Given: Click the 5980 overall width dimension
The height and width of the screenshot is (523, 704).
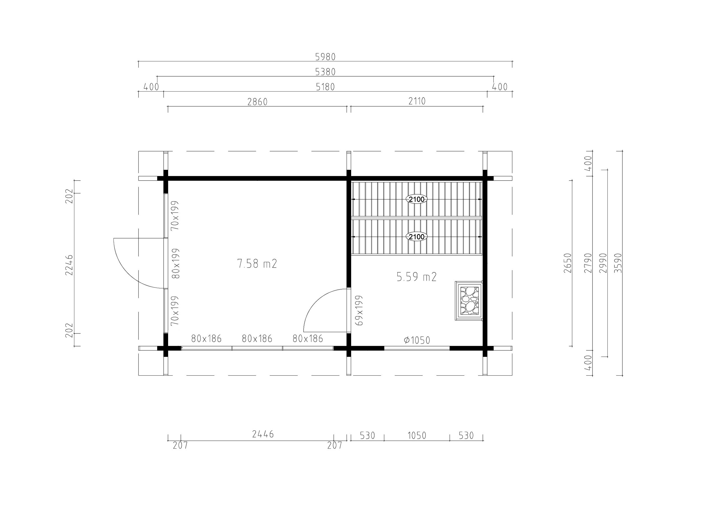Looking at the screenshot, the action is coord(325,57).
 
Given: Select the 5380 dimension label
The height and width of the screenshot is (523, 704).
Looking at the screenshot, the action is coord(325,72).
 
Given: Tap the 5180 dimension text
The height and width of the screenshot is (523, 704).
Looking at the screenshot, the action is coord(325,87).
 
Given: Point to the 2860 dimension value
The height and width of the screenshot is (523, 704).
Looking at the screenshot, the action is coord(257,102).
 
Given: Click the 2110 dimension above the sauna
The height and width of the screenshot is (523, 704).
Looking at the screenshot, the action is coord(417,101).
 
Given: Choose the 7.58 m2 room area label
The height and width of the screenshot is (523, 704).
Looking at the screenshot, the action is coord(257,263).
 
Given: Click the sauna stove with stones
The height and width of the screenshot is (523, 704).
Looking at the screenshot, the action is coord(469,301).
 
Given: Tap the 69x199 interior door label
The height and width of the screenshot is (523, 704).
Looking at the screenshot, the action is coord(359,310).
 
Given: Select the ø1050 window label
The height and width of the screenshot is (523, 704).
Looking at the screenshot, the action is coord(417,340).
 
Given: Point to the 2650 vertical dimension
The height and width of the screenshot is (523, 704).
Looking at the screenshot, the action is coord(568,263).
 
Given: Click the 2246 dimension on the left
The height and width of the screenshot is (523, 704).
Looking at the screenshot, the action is coord(69,265).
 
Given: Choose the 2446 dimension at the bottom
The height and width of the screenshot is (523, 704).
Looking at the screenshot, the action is coord(263,434).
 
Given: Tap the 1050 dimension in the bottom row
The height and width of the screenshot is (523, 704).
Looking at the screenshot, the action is coord(416,436).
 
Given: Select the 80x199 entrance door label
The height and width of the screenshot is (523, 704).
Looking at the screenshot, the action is coord(175,263).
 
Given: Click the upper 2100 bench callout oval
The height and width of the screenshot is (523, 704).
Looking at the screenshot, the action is coord(416,199).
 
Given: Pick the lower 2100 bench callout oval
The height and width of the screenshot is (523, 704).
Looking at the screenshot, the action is coord(416,237).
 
